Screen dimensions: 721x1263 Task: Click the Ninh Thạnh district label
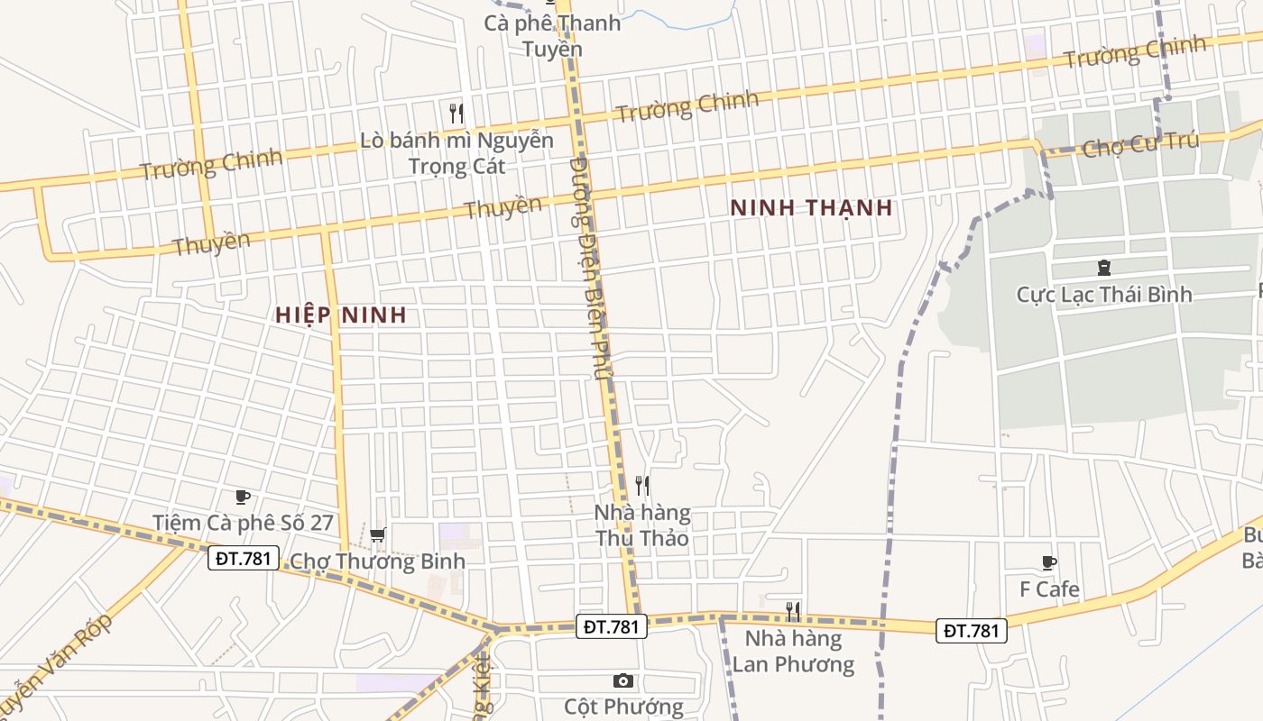pos(811,207)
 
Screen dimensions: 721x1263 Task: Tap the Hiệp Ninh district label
pos(341,315)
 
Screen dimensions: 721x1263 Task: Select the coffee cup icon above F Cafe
pos(1049,563)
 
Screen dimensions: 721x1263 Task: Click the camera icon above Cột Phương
pos(622,680)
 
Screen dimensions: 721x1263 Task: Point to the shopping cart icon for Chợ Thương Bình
pos(378,535)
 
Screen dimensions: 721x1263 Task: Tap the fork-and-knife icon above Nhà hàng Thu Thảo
pos(642,486)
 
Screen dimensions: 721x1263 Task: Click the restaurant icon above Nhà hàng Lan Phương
pos(793,612)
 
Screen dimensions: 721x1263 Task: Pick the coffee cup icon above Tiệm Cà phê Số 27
pos(242,497)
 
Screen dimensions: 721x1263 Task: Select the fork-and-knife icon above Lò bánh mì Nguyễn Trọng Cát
pos(456,114)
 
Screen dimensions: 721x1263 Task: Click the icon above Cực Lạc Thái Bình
pos(1103,268)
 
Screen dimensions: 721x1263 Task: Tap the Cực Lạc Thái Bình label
pos(1103,295)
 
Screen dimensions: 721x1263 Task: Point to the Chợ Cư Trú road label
pos(1140,144)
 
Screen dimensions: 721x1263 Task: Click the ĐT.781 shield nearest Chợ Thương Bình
pos(244,558)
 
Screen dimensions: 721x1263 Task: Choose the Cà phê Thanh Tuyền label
pos(552,35)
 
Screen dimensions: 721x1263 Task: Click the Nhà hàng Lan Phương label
pos(793,652)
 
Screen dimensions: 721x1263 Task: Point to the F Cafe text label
pos(1049,589)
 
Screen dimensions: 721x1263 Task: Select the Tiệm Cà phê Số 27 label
pos(244,523)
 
